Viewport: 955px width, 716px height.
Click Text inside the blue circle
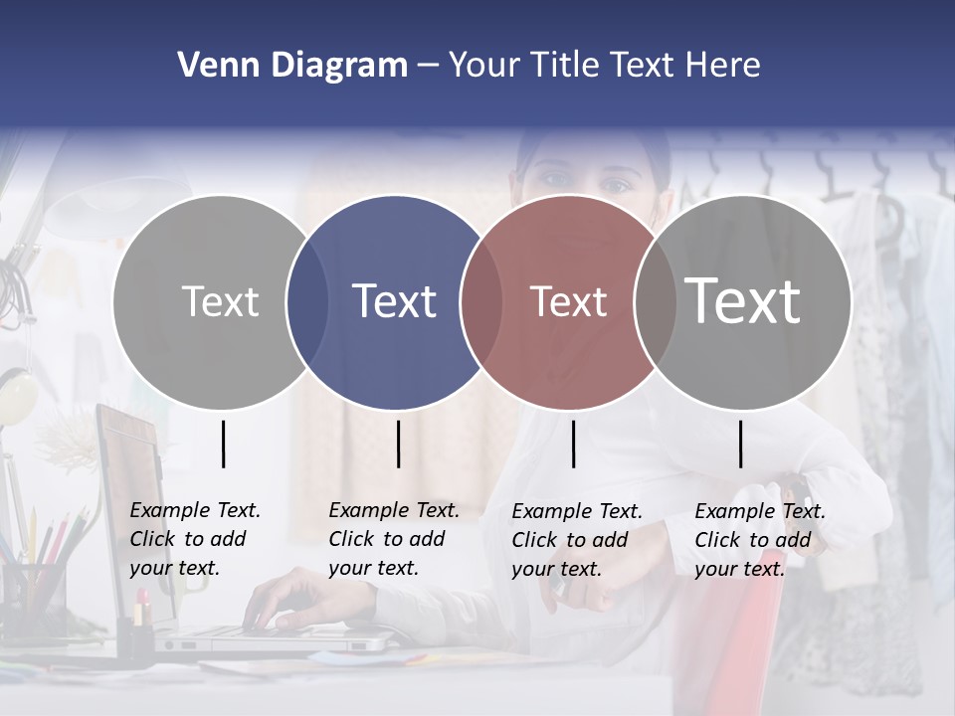(395, 301)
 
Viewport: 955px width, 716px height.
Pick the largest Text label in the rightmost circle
(743, 300)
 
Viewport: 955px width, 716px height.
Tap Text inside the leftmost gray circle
(221, 301)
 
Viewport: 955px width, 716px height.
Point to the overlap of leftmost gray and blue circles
(307, 302)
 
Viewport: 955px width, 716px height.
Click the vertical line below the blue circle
(398, 444)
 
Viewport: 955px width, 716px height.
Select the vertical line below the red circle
(573, 444)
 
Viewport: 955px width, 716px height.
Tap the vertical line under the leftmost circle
(223, 444)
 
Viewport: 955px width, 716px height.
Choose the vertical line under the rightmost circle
(740, 444)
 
